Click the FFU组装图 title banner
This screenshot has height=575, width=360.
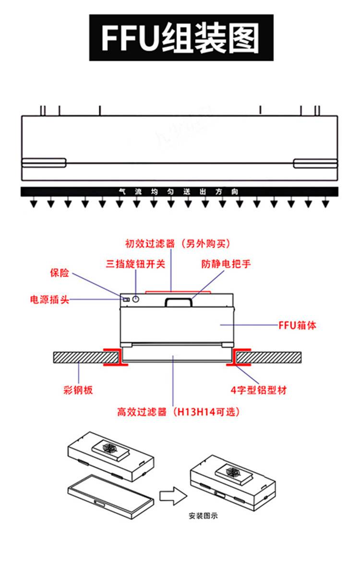pyautogui.click(x=181, y=38)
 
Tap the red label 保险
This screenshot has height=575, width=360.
pyautogui.click(x=60, y=273)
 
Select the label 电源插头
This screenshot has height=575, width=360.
pyautogui.click(x=49, y=300)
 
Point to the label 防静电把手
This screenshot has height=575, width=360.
pyautogui.click(x=226, y=264)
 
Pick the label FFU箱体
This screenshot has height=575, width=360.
pyautogui.click(x=298, y=325)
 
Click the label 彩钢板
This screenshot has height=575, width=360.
pyautogui.click(x=78, y=390)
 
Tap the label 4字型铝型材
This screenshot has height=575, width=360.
pyautogui.click(x=259, y=390)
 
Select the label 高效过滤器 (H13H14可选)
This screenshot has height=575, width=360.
pyautogui.click(x=179, y=412)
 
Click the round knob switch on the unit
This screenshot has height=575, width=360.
pyautogui.click(x=136, y=299)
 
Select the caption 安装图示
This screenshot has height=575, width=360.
pyautogui.click(x=203, y=517)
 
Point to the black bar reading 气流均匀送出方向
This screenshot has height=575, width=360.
pyautogui.click(x=179, y=192)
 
